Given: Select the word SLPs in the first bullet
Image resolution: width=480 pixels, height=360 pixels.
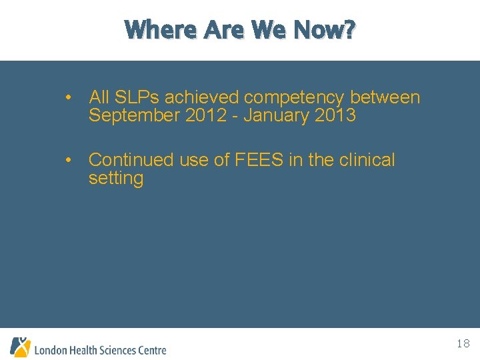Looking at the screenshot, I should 138,97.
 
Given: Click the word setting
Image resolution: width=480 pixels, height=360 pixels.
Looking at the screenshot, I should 116,179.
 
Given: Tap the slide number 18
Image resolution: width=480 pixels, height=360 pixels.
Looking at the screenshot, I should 463,344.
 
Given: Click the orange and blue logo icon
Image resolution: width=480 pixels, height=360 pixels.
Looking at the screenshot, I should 20,347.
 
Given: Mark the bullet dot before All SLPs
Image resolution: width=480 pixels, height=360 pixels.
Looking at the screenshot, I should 69,97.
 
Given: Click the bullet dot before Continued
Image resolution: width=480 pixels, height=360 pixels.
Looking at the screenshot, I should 69,160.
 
